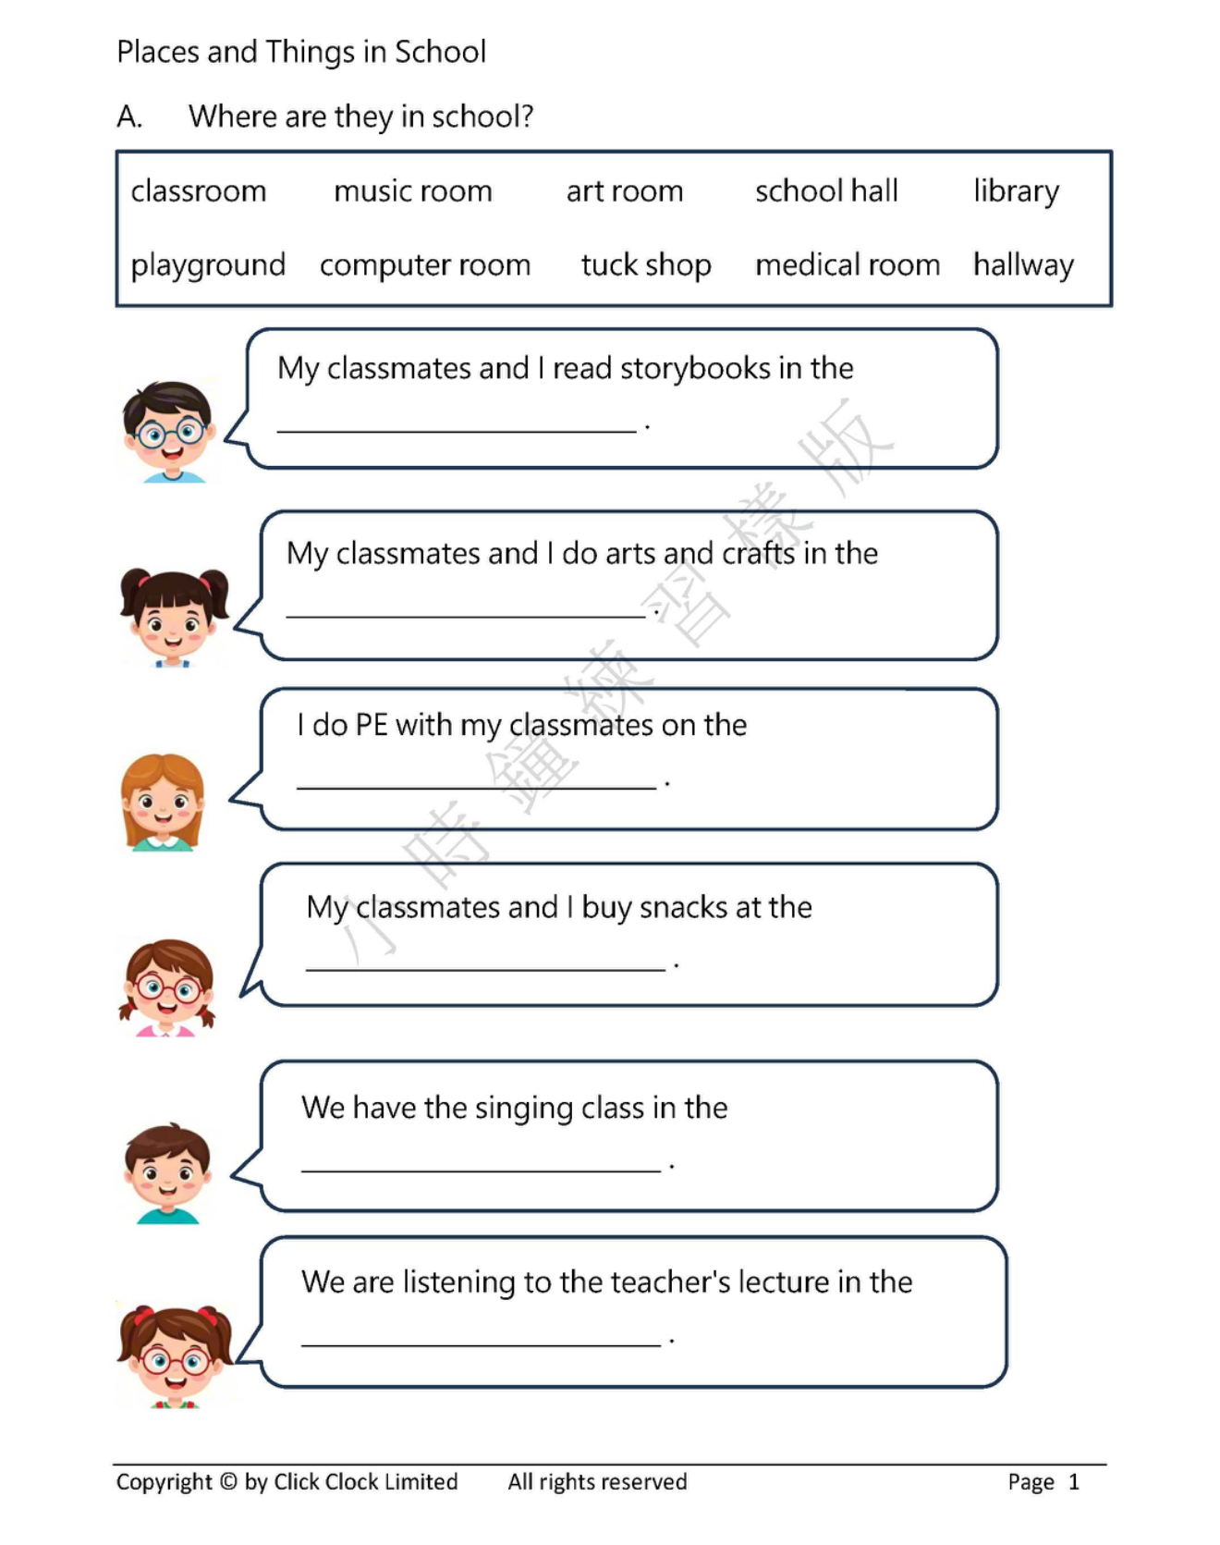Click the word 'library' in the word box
click(x=1016, y=191)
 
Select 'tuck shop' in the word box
click(x=646, y=265)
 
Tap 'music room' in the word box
click(x=413, y=191)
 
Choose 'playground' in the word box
click(x=208, y=266)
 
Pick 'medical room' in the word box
click(x=847, y=265)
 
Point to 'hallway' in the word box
click(x=1023, y=265)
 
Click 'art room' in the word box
click(x=625, y=191)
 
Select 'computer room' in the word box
click(x=425, y=266)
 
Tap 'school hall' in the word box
click(x=826, y=191)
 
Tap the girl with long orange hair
click(x=163, y=801)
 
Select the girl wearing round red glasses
click(x=167, y=987)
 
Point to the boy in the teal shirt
click(x=167, y=1172)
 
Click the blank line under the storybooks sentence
click(x=457, y=428)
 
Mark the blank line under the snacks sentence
click(x=485, y=967)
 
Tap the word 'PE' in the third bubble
click(x=371, y=725)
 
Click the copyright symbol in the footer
click(x=227, y=1481)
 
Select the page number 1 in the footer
click(x=1073, y=1482)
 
